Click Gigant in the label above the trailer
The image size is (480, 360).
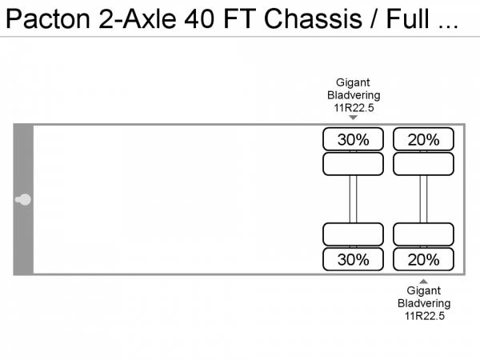353,82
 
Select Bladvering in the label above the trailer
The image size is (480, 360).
353,95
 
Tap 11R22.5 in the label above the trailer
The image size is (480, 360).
353,107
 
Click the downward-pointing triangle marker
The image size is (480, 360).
353,118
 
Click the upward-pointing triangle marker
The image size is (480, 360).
423,281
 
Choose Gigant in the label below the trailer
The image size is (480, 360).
423,291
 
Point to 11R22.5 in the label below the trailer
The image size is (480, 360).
423,316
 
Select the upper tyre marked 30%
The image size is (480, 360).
353,139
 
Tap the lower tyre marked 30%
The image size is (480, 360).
353,259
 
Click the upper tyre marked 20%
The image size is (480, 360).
423,139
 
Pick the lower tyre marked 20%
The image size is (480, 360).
423,259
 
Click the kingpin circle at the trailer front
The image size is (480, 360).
24,199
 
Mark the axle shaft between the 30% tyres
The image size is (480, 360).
353,199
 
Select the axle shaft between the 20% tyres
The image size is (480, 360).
423,199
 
